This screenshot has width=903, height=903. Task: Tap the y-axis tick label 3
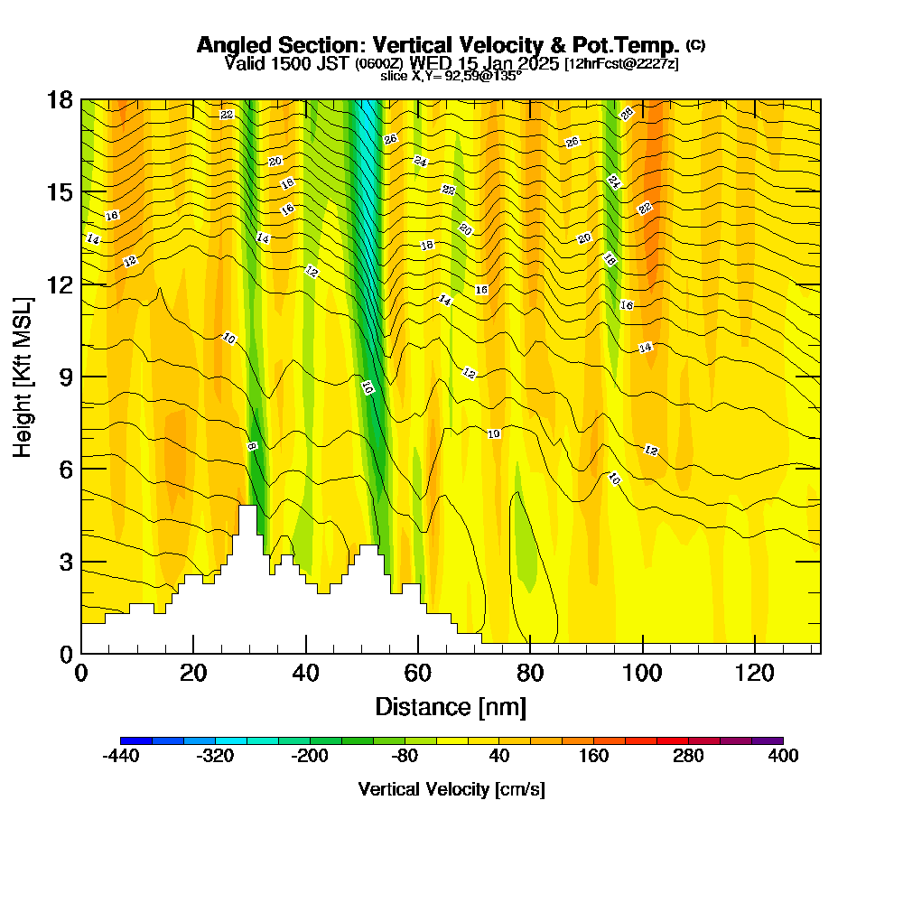pyautogui.click(x=66, y=561)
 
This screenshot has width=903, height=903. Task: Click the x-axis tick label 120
pyautogui.click(x=754, y=674)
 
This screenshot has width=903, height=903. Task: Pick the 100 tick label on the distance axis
pyautogui.click(x=642, y=674)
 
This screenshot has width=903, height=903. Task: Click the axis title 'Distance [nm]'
pyautogui.click(x=451, y=706)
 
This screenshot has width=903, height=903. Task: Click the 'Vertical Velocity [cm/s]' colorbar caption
pyautogui.click(x=451, y=789)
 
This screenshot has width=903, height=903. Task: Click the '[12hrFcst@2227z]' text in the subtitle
pyautogui.click(x=621, y=64)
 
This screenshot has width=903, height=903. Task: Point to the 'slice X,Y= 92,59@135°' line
pyautogui.click(x=451, y=77)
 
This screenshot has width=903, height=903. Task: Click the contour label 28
pyautogui.click(x=626, y=114)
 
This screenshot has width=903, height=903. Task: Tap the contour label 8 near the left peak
pyautogui.click(x=252, y=446)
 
